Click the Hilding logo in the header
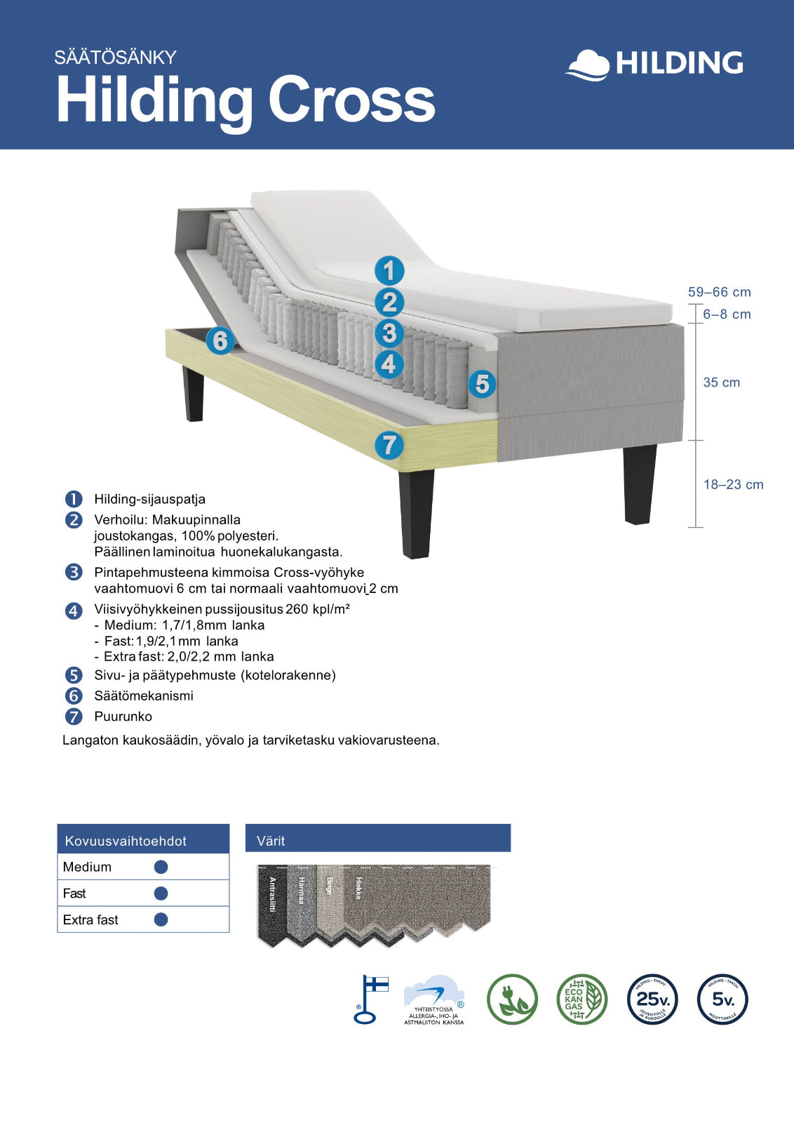point(654,64)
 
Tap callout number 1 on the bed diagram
point(389,271)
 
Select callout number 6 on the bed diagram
point(220,341)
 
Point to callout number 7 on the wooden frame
point(389,445)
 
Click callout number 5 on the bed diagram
point(482,384)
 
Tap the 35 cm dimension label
point(721,383)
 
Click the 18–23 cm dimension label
point(733,484)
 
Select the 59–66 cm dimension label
point(719,292)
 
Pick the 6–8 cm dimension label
point(727,314)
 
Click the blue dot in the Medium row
point(161,867)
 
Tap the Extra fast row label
point(90,919)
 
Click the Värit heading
point(271,841)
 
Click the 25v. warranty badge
point(652,999)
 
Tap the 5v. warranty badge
point(722,999)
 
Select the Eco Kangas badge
point(581,999)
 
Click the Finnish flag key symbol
point(370,999)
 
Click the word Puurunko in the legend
point(123,717)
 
